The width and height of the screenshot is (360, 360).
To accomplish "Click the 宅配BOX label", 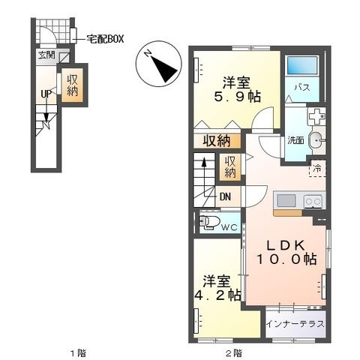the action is tap(105, 39).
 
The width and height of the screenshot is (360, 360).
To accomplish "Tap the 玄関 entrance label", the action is tap(46, 55).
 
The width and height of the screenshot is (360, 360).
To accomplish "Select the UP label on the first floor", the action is tap(46, 94).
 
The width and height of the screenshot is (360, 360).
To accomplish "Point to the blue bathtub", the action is tap(302, 65).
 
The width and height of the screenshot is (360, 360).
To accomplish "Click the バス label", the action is tap(302, 88).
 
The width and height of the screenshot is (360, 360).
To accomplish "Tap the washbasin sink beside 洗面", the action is tap(316, 140).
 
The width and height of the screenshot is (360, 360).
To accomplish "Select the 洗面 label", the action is tap(295, 140).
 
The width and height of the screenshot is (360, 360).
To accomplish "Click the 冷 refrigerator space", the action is tap(317, 169).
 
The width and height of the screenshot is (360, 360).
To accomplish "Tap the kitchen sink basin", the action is tap(286, 200).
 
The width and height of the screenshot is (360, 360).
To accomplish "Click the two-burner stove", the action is tap(313, 201).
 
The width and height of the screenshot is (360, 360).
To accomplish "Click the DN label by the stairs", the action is tap(225, 197).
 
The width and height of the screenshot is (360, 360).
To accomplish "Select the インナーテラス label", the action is tap(295, 324).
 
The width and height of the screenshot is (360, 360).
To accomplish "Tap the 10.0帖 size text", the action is tap(286, 259).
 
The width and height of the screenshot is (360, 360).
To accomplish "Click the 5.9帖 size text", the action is tap(237, 97).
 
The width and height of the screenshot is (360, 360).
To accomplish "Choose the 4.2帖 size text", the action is tap(217, 295).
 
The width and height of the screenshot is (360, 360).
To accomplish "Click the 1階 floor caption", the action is tap(78, 353).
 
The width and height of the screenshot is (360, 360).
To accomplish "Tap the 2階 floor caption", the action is tap(234, 353).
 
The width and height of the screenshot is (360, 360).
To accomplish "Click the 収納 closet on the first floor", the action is tap(72, 85).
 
